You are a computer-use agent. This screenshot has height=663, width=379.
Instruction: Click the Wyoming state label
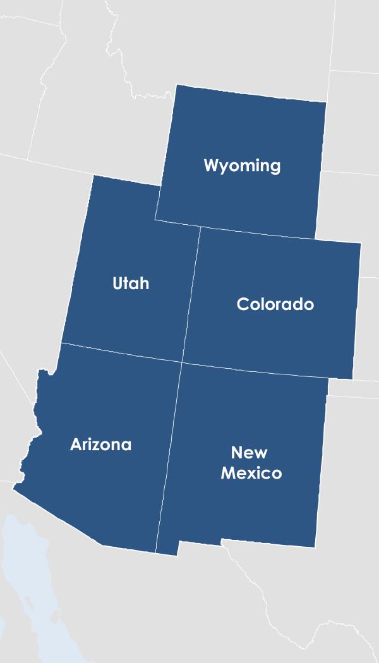point(242,166)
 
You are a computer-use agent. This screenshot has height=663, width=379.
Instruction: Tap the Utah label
point(131,284)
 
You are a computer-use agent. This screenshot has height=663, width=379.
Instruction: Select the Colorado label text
point(275,304)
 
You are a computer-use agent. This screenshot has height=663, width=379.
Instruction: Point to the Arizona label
point(100,445)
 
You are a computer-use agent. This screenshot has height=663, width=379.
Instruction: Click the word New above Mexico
point(249,453)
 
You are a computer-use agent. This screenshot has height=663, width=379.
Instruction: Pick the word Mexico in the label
point(251,473)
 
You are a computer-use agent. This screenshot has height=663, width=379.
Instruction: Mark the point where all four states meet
point(182,362)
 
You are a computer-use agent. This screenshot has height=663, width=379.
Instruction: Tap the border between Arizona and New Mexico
point(169,455)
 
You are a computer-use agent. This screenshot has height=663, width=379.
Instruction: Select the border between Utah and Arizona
point(120,353)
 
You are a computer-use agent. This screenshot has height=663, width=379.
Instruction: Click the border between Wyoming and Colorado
point(259,233)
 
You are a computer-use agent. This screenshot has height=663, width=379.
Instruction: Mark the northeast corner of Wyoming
point(326,102)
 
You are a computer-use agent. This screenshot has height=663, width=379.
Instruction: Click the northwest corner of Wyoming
point(176,85)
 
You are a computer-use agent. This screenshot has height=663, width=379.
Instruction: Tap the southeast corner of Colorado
point(352,379)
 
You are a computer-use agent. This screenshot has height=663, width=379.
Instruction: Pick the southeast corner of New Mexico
point(315,547)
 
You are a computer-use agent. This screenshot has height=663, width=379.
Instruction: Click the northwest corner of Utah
point(93,176)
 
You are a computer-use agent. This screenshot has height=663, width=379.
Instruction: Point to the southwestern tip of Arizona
point(14,485)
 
